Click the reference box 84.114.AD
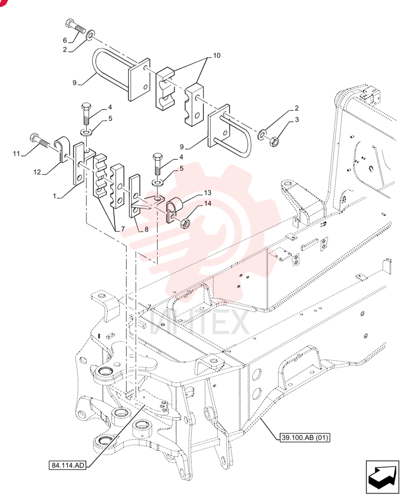tap(68, 465)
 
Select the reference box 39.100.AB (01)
tap(305, 437)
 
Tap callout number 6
tap(65, 40)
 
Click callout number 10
tap(216, 56)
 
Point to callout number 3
tap(297, 120)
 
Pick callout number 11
tap(16, 154)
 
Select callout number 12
tap(37, 172)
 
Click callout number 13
tap(207, 192)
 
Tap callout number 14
tap(207, 203)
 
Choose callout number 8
tap(146, 229)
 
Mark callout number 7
tap(123, 229)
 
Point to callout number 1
tap(55, 196)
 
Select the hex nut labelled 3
tap(274, 141)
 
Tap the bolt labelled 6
tap(75, 27)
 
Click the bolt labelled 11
tap(40, 141)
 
